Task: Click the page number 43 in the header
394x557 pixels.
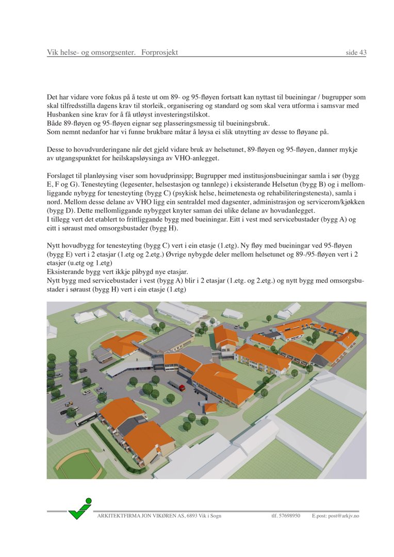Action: [x=363, y=53]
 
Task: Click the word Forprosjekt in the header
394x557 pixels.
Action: [x=160, y=53]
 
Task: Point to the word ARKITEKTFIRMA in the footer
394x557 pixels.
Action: [x=117, y=516]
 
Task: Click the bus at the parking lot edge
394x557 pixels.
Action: [x=86, y=418]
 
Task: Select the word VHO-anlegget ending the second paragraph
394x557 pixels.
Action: [x=212, y=158]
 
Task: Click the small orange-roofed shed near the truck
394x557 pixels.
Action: [x=211, y=407]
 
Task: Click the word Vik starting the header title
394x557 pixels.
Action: [x=53, y=53]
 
